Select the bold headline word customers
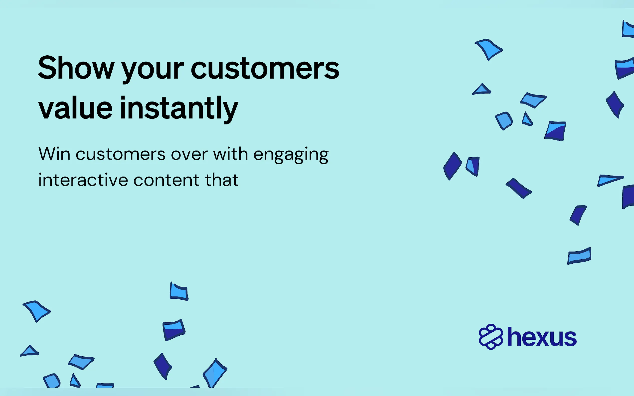pos(265,68)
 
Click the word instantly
pos(179,109)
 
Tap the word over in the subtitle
pos(189,155)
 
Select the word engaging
pos(291,156)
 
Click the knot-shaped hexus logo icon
pos(491,337)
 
